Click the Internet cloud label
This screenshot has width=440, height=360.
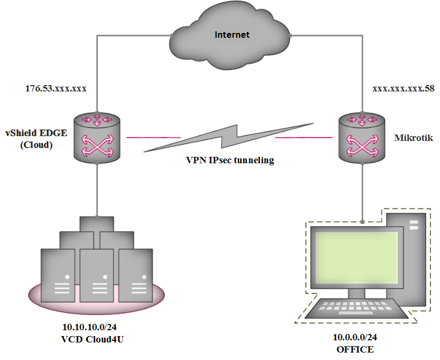pos(232,35)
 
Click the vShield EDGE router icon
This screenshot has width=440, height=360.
pos(97,138)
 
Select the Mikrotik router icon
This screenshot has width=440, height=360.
pos(362,138)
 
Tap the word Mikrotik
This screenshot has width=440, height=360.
pos(413,138)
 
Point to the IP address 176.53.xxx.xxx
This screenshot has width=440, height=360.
pos(56,88)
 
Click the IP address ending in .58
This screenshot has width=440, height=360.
pos(403,88)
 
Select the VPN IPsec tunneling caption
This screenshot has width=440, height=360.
pos(230,161)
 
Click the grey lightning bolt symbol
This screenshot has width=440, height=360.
pos(229,138)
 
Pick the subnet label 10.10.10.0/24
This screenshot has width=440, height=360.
pos(89,327)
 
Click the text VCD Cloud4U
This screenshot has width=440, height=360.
pos(92,339)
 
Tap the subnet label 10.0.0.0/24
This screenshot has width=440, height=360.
pos(355,337)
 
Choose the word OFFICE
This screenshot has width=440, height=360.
pos(355,349)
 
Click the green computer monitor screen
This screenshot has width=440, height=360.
pos(357,258)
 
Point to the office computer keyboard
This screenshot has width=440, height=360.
pos(357,308)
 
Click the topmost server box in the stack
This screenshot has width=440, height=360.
pos(97,224)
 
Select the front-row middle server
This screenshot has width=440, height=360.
pos(97,275)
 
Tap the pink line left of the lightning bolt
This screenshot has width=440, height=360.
pos(154,138)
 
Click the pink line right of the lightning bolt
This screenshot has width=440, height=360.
pos(303,138)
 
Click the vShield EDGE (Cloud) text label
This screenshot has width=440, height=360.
pos(36,139)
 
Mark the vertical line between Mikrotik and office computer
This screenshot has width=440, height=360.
pos(362,193)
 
